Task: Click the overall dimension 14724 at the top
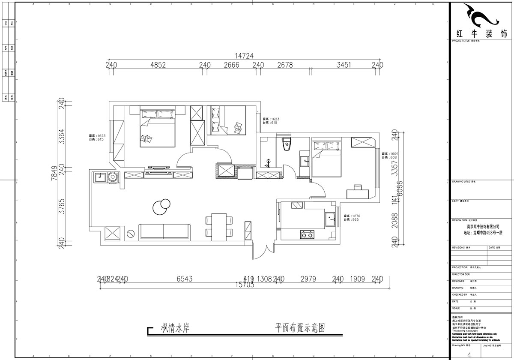[244, 56]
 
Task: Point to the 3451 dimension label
[344, 65]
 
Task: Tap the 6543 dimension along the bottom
[185, 279]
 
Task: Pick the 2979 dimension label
[308, 279]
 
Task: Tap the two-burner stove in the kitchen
[306, 234]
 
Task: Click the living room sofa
[165, 231]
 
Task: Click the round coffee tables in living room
[161, 207]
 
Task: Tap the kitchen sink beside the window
[329, 219]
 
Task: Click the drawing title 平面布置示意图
[300, 328]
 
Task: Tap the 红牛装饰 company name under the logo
[481, 34]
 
